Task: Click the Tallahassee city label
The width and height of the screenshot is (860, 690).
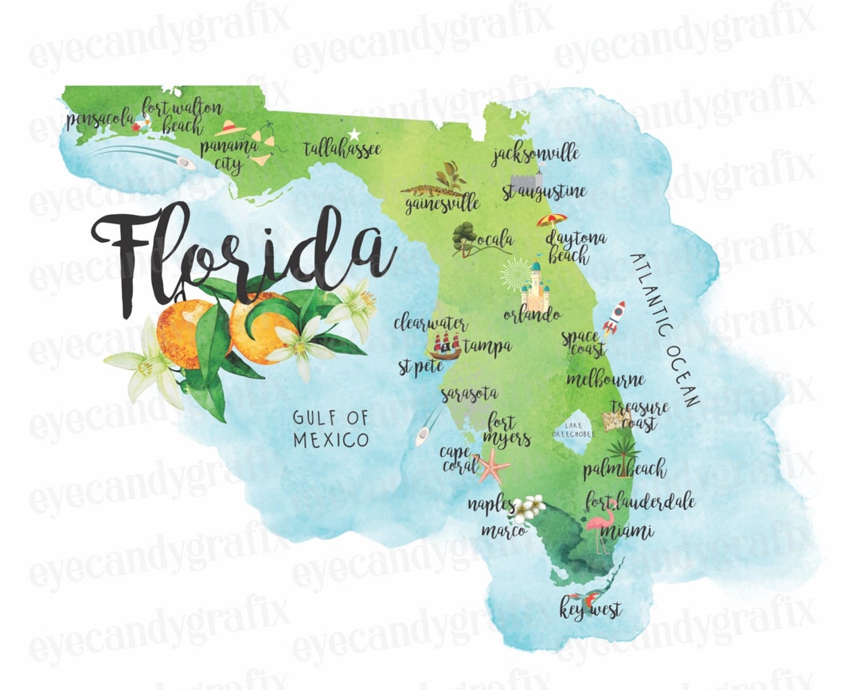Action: (343, 149)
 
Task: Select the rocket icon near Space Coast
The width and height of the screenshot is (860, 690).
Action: (614, 318)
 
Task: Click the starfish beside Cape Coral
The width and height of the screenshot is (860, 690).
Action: (492, 466)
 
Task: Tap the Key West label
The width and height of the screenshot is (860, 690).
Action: (590, 610)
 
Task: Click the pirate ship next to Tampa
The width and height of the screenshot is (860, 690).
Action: (445, 345)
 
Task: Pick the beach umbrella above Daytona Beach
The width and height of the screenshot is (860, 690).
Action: (552, 220)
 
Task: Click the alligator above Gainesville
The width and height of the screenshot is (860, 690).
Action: (431, 190)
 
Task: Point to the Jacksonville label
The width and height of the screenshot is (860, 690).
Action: (535, 154)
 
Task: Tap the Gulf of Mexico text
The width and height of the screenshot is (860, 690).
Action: (330, 427)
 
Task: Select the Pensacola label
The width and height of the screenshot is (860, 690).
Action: (101, 119)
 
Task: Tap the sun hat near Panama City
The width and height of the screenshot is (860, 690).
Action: (230, 127)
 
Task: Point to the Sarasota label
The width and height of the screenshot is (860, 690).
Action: (469, 393)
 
